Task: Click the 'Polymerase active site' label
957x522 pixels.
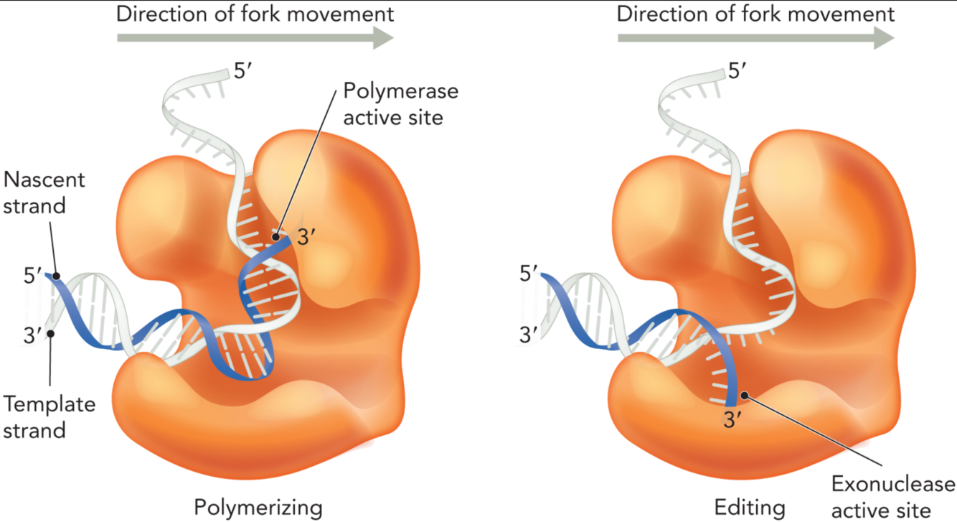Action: [x=400, y=103]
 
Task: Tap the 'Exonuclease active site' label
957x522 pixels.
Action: [x=893, y=495]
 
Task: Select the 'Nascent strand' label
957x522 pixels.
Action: [x=44, y=192]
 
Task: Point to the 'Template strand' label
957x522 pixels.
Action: [x=49, y=416]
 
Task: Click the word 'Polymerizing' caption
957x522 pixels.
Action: [x=258, y=508]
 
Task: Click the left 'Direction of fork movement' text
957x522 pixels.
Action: [x=255, y=14]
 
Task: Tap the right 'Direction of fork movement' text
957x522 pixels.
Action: [x=755, y=14]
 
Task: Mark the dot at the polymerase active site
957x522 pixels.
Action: [x=275, y=235]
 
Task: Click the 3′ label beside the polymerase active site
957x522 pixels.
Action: [x=307, y=237]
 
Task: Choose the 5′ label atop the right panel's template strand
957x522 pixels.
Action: [x=738, y=72]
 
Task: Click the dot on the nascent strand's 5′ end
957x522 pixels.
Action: [x=55, y=276]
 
